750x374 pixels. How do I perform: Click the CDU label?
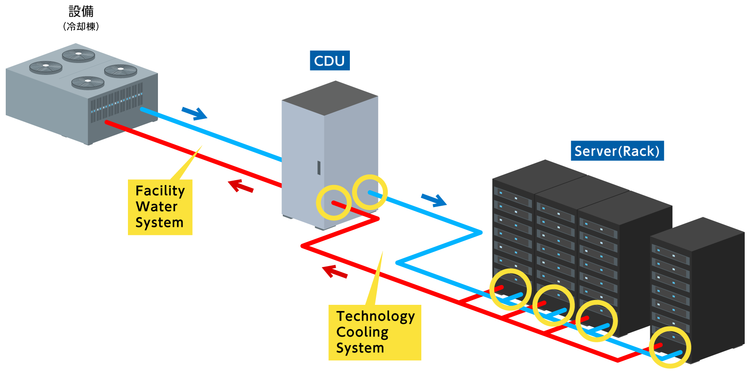coord(330,61)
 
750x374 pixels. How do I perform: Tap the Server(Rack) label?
coord(617,151)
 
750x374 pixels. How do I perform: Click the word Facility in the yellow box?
coord(160,191)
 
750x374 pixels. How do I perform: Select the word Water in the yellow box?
coord(157,207)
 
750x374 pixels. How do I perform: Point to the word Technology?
coord(375,316)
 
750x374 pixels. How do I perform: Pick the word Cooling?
coord(362,332)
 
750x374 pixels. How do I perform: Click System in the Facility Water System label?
coord(159,222)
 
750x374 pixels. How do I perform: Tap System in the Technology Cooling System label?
coord(360,348)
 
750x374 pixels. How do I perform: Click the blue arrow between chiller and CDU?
coord(194,113)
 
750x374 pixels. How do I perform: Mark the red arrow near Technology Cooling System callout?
coord(335,272)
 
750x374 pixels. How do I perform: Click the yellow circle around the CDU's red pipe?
coord(334,203)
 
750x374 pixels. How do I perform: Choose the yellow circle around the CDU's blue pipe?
coord(370,192)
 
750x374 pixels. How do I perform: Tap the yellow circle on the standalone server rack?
coord(670,347)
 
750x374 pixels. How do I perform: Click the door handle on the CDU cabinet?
coord(319,168)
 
